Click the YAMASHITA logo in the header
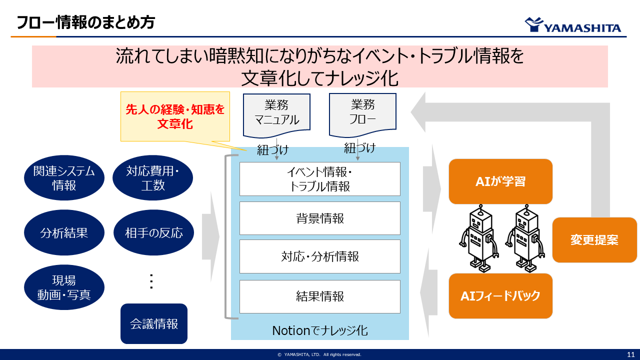(x=572, y=25)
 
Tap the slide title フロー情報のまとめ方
(x=85, y=22)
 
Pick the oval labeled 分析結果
(x=64, y=232)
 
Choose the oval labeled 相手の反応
(x=153, y=232)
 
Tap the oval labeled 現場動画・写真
(x=64, y=287)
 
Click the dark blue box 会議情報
(x=154, y=323)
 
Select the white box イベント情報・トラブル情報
(x=320, y=179)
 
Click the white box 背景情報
(x=320, y=218)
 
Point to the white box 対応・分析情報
(x=320, y=256)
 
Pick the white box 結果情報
(x=320, y=296)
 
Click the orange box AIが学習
(x=500, y=181)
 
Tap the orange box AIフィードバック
(x=500, y=296)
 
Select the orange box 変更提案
(x=594, y=240)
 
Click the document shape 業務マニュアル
(x=276, y=113)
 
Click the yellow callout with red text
(x=175, y=116)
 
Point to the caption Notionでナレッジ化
(x=320, y=330)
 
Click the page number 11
(x=631, y=354)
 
